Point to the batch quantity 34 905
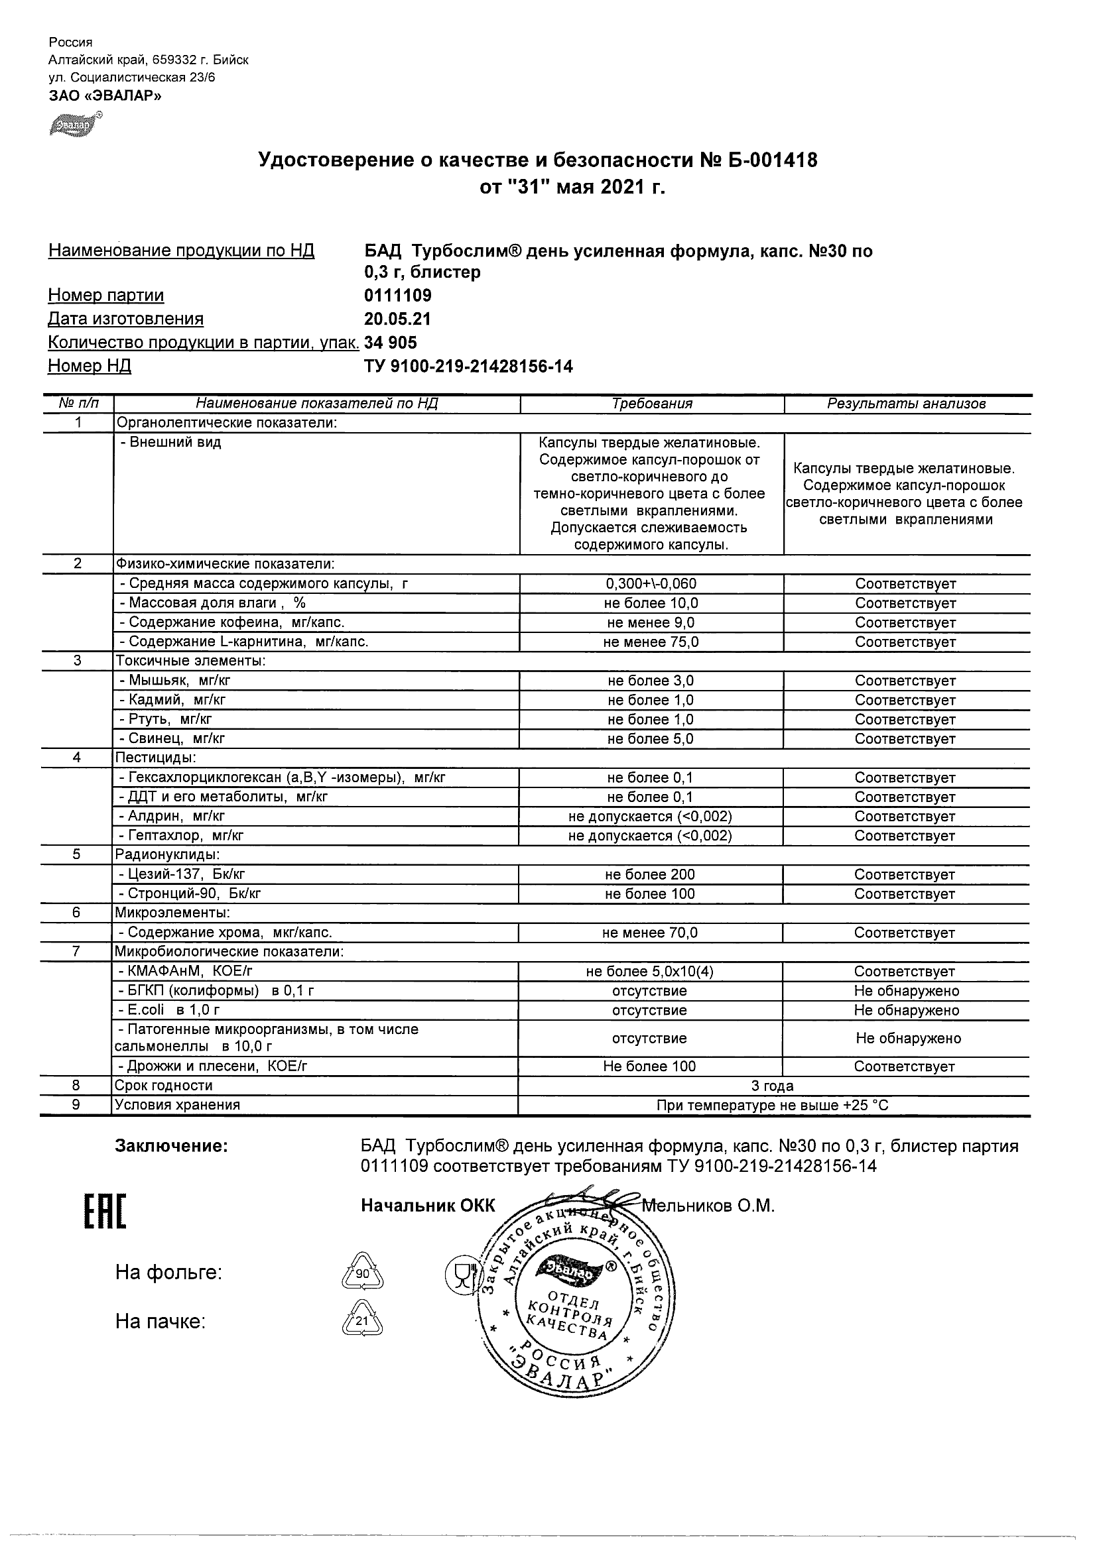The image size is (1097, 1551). pyautogui.click(x=391, y=343)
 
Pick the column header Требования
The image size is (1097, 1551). pyautogui.click(x=651, y=404)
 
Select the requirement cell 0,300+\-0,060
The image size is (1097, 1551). pyautogui.click(x=651, y=584)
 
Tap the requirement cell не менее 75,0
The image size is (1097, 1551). pyautogui.click(x=651, y=642)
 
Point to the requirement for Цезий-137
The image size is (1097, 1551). pyautogui.click(x=649, y=875)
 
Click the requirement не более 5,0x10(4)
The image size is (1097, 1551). pyautogui.click(x=649, y=972)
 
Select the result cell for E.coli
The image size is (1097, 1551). pyautogui.click(x=907, y=1011)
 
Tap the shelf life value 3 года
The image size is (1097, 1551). pyautogui.click(x=773, y=1086)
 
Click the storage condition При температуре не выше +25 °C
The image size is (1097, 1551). pyautogui.click(x=773, y=1105)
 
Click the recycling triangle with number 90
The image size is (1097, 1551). pyautogui.click(x=362, y=1273)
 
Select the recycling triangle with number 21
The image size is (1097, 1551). pyautogui.click(x=362, y=1320)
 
